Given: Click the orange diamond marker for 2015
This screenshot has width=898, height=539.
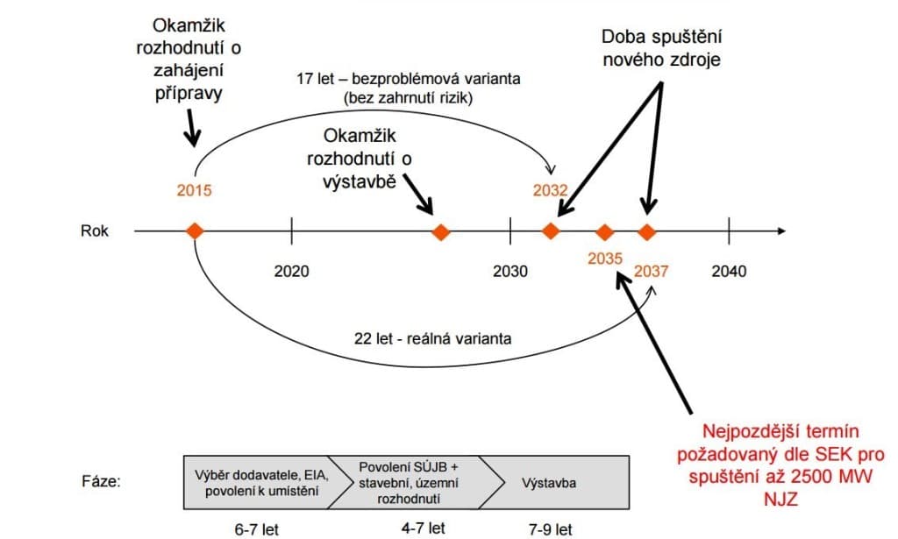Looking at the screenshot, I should click(195, 231).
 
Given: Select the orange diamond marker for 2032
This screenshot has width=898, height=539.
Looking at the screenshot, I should click(551, 231).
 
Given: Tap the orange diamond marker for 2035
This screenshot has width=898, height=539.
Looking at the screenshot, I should click(604, 231).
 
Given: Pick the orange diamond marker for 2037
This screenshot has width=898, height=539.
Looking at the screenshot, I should click(647, 231).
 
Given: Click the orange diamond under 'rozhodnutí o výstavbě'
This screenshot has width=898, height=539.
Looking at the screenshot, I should click(442, 231).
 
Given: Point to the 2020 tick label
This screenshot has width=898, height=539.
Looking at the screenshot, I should click(291, 271).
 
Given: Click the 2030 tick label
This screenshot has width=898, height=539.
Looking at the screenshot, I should click(510, 271).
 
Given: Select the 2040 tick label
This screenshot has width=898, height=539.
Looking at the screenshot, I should click(729, 271).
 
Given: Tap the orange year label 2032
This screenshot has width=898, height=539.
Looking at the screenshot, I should click(550, 190).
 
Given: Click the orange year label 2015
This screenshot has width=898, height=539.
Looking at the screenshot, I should click(194, 190).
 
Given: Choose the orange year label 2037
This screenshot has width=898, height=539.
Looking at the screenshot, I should click(651, 271).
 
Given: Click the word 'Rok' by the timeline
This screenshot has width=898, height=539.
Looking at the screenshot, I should click(95, 232).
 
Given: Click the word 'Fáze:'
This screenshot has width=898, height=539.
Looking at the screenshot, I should click(101, 483).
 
